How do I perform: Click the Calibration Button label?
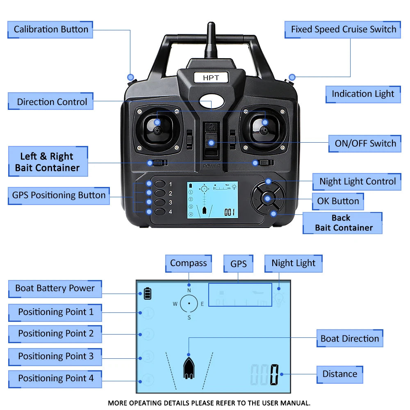tap(50, 30)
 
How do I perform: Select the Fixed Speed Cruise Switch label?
tap(343, 30)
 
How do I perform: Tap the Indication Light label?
tap(362, 94)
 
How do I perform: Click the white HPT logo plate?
tap(211, 77)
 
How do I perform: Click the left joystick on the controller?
tap(157, 130)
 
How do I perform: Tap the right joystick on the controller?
tap(264, 130)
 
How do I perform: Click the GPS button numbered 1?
tap(160, 184)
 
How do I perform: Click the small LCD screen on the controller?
tap(212, 200)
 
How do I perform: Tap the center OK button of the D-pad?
tap(267, 199)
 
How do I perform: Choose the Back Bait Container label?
tap(343, 223)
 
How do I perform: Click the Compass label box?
tap(188, 263)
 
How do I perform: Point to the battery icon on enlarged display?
tap(147, 294)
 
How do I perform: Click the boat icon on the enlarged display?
tap(188, 367)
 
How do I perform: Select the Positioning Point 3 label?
tap(55, 356)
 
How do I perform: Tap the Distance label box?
tap(339, 374)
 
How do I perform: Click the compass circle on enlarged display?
tap(189, 303)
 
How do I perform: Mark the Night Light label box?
tap(293, 263)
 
